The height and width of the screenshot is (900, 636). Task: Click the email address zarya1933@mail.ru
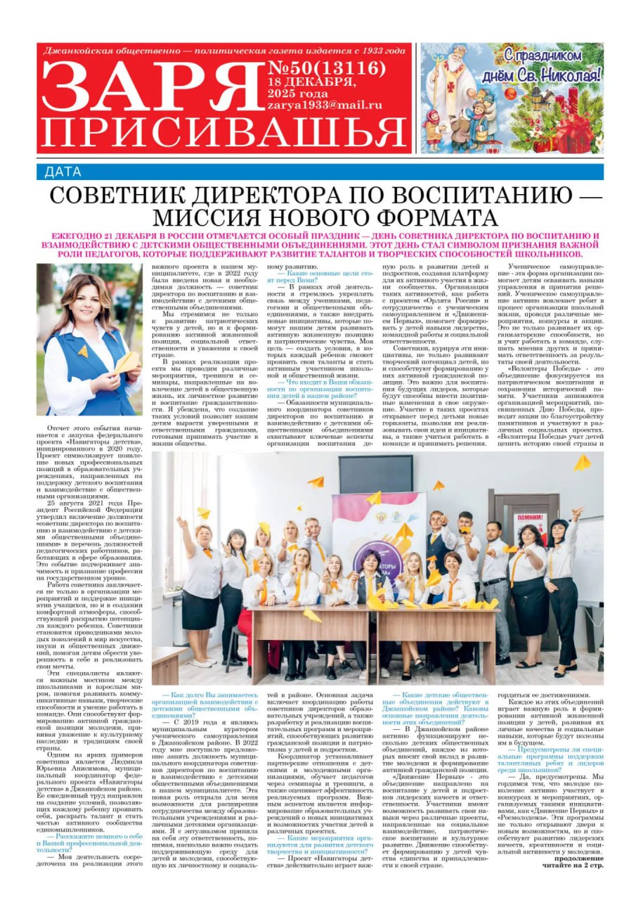coord(324,105)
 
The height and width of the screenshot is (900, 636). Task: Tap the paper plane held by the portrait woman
coord(127,361)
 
